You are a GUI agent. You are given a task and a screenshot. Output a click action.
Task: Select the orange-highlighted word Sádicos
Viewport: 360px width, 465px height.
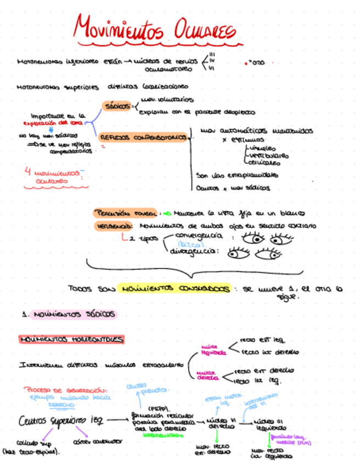[116, 106]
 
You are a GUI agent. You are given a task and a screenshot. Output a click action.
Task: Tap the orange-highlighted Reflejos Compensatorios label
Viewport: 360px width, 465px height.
[143, 138]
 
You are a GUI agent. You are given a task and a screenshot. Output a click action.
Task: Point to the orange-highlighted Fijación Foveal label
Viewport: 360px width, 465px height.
[126, 213]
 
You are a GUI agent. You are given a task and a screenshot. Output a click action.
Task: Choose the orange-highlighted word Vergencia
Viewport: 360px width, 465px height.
[113, 225]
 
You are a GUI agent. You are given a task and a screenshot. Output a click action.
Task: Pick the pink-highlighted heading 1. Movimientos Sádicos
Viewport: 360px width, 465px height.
[69, 315]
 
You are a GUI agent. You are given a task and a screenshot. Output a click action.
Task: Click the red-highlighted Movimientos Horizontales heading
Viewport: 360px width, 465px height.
[71, 340]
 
